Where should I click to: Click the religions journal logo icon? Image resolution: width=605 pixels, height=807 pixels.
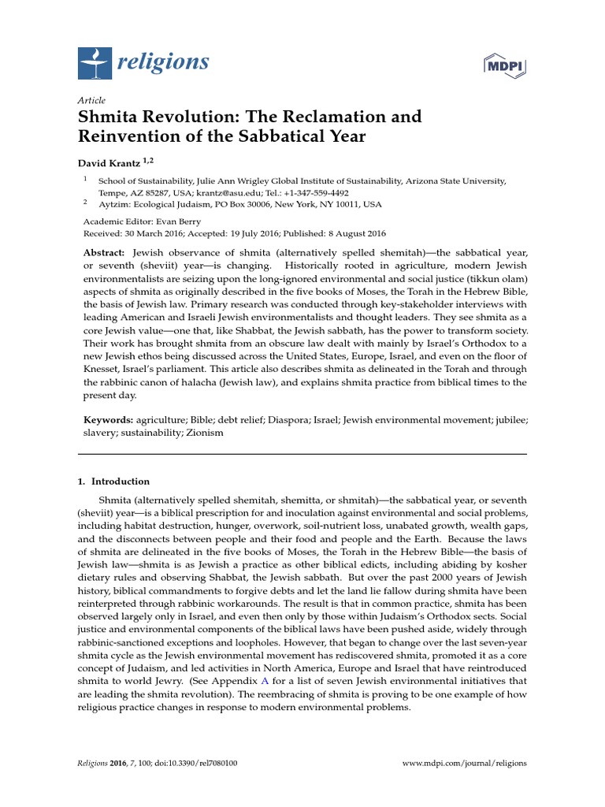coord(95,63)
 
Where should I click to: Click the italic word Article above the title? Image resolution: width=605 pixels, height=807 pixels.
coord(91,101)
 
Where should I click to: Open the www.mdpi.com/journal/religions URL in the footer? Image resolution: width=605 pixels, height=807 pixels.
coord(464,763)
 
